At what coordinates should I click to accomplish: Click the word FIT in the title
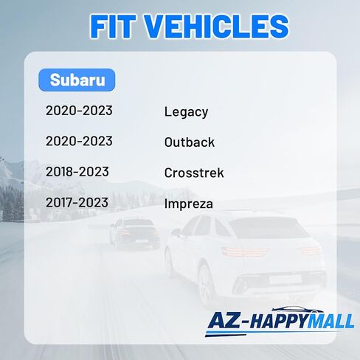(x=113, y=27)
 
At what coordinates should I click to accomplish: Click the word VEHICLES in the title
(x=216, y=27)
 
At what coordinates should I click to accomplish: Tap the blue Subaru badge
(x=77, y=80)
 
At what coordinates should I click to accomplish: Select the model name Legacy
(x=186, y=112)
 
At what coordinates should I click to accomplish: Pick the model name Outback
(x=190, y=142)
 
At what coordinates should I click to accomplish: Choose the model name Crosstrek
(x=194, y=173)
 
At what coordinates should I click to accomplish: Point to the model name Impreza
(x=189, y=204)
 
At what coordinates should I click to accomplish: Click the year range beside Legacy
(x=79, y=111)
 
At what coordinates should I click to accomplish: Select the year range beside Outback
(x=79, y=141)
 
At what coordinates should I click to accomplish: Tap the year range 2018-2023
(x=77, y=172)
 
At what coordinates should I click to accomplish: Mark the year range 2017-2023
(x=77, y=202)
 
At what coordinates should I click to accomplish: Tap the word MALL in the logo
(x=330, y=321)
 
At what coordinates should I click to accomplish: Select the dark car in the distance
(x=134, y=232)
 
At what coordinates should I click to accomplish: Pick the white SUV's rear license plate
(x=285, y=280)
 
